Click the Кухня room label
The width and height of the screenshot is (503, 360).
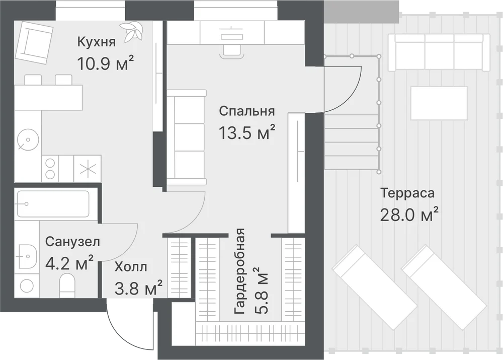pyautogui.click(x=96, y=42)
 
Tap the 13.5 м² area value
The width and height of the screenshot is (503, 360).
pyautogui.click(x=246, y=132)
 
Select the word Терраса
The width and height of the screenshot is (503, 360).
pyautogui.click(x=407, y=193)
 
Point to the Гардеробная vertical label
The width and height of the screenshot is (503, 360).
pyautogui.click(x=240, y=271)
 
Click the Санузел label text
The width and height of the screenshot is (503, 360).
pyautogui.click(x=72, y=242)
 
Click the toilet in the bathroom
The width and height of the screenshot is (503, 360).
pyautogui.click(x=67, y=285)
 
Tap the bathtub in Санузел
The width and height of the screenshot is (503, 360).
pyautogui.click(x=53, y=204)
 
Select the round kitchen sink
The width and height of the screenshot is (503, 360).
pyautogui.click(x=28, y=140)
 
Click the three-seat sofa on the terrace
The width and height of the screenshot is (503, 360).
pyautogui.click(x=439, y=52)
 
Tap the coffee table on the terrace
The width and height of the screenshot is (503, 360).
pyautogui.click(x=439, y=103)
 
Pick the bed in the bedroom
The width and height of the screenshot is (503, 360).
pyautogui.click(x=187, y=134)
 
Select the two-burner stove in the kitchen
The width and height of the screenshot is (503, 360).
pyautogui.click(x=50, y=169)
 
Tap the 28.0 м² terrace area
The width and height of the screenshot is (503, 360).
pyautogui.click(x=409, y=215)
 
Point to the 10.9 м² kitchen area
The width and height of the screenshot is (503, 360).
pyautogui.click(x=105, y=63)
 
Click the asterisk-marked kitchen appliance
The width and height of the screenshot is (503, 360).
pyautogui.click(x=88, y=169)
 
